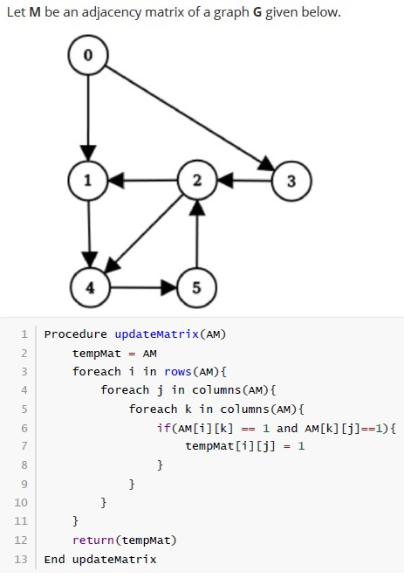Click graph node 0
point(88,55)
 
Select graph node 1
point(87,181)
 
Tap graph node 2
point(197,180)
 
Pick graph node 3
point(291,181)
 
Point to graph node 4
point(90,287)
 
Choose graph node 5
point(196,287)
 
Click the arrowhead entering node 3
point(266,164)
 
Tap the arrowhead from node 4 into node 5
point(169,287)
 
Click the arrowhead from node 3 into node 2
point(225,181)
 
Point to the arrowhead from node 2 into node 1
point(116,181)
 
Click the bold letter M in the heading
point(35,12)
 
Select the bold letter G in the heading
point(257,12)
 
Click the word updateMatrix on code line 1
point(156,334)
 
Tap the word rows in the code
point(178,372)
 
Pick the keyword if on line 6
point(163,428)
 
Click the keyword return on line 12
point(93,540)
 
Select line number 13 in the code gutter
point(21,559)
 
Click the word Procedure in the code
point(76,334)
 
